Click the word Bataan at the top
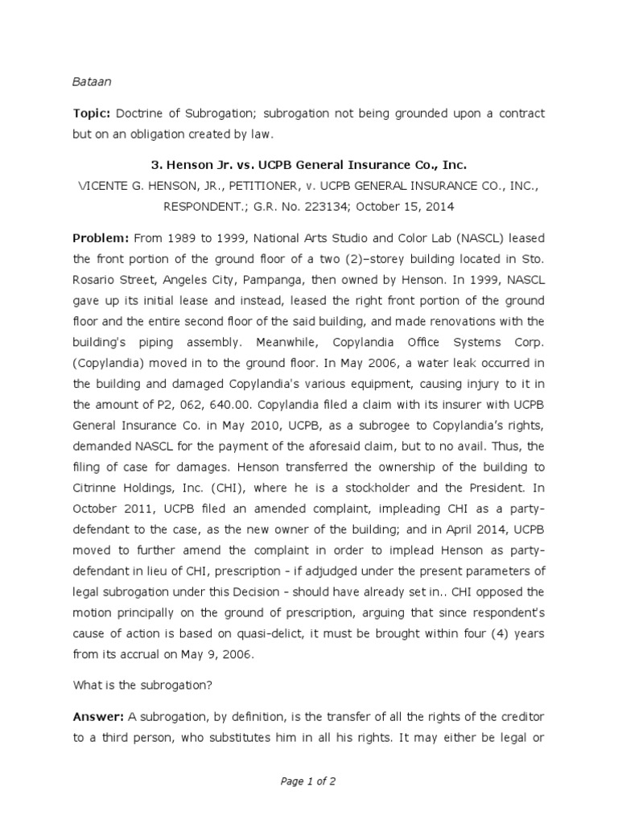tap(90, 81)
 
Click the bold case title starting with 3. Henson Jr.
tap(309, 165)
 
